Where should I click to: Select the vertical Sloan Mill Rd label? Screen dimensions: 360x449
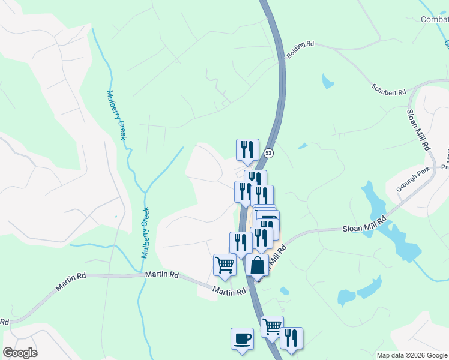click(418, 129)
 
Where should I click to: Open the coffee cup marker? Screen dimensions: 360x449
click(242, 338)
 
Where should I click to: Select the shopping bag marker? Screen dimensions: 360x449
click(257, 265)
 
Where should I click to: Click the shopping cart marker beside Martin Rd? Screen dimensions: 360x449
click(224, 265)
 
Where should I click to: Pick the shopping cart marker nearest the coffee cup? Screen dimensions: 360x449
click(272, 327)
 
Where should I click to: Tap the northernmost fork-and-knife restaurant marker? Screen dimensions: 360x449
click(247, 150)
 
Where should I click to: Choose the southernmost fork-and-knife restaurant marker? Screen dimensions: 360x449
click(291, 338)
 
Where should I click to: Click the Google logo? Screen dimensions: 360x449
click(20, 353)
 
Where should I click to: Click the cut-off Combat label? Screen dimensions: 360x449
click(435, 20)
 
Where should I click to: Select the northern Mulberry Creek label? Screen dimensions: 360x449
click(116, 115)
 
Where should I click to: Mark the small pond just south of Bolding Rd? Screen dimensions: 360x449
click(328, 81)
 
